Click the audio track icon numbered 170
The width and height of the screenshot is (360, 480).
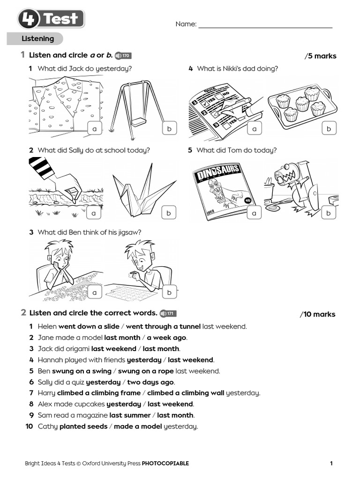click(123, 56)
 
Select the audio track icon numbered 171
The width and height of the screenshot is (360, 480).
click(168, 314)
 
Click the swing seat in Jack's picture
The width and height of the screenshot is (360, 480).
click(139, 122)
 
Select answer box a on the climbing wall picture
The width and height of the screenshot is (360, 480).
click(94, 129)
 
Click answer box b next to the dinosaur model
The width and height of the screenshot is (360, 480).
click(329, 213)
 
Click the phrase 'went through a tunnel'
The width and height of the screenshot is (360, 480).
click(163, 326)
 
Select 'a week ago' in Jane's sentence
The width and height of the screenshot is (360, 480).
click(166, 337)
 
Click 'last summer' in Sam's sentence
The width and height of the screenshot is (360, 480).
click(130, 415)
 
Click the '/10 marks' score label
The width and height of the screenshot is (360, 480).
click(317, 314)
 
